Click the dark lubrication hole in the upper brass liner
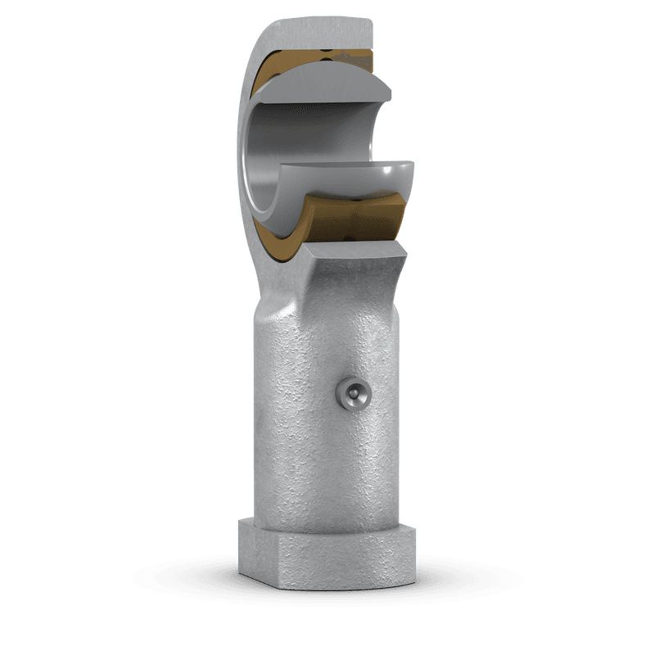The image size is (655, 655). tap(327, 57)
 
